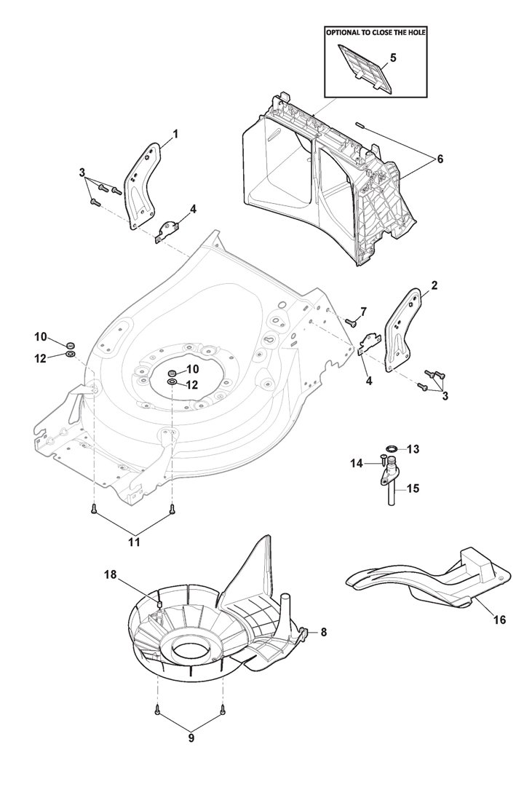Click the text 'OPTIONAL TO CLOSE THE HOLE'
[x=376, y=33]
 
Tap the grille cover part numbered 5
[x=364, y=68]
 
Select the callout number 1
[x=175, y=134]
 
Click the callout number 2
[x=434, y=285]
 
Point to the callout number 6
[x=440, y=159]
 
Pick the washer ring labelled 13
[x=392, y=448]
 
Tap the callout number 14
[x=357, y=464]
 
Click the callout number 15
[x=413, y=488]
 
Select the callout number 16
[x=499, y=620]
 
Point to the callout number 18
[x=111, y=574]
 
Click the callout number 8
[x=323, y=633]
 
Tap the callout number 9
[x=191, y=738]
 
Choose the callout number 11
[x=134, y=542]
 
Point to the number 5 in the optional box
[x=393, y=58]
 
